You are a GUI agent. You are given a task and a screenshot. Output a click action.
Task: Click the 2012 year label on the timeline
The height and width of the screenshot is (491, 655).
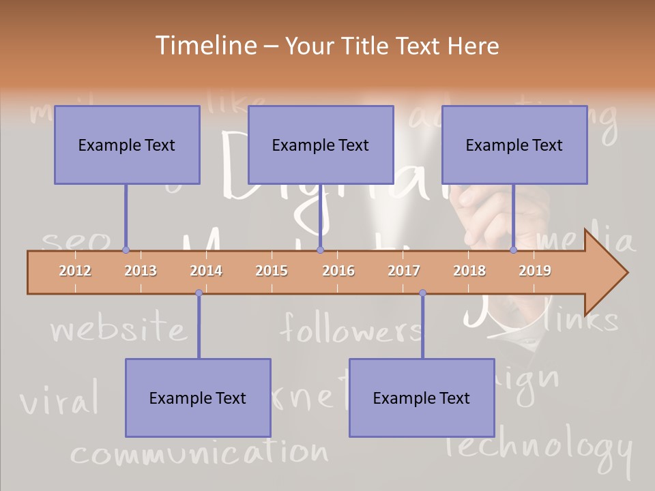[x=75, y=271]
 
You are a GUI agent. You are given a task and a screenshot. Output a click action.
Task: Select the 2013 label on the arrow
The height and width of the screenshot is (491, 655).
[x=141, y=271]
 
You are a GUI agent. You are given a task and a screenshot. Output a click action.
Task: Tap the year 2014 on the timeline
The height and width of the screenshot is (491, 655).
[x=206, y=271]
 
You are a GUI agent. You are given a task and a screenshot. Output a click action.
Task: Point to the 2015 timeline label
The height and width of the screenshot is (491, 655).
[x=272, y=271]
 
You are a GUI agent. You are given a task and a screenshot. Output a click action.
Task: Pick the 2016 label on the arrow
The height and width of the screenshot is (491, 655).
[x=338, y=271]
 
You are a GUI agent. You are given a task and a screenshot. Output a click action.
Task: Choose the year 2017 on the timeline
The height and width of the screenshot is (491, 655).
[x=404, y=271]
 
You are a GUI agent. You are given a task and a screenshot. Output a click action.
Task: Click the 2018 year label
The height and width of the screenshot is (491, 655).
[x=469, y=271]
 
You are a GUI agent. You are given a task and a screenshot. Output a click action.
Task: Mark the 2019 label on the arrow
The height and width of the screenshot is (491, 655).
[x=535, y=271]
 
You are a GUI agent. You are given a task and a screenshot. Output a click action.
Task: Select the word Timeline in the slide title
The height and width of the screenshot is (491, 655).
[x=204, y=46]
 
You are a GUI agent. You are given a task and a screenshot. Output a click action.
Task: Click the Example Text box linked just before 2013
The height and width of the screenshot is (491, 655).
[x=127, y=145]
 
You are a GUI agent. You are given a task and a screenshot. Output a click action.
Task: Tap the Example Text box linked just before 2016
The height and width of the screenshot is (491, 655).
[x=321, y=145]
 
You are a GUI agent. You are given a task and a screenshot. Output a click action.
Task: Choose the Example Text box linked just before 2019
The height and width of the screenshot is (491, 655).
[x=514, y=145]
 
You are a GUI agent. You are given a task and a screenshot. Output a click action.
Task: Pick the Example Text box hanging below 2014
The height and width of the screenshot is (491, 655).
[x=198, y=398]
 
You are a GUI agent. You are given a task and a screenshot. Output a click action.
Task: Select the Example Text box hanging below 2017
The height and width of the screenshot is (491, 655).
[x=422, y=398]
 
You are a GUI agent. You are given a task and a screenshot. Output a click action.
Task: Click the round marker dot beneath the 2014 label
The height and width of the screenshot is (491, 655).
[x=199, y=293]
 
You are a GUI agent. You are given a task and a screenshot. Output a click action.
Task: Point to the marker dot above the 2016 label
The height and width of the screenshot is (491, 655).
[x=320, y=250]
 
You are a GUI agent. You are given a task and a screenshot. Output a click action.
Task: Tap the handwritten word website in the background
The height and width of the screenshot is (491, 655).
[x=118, y=329]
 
